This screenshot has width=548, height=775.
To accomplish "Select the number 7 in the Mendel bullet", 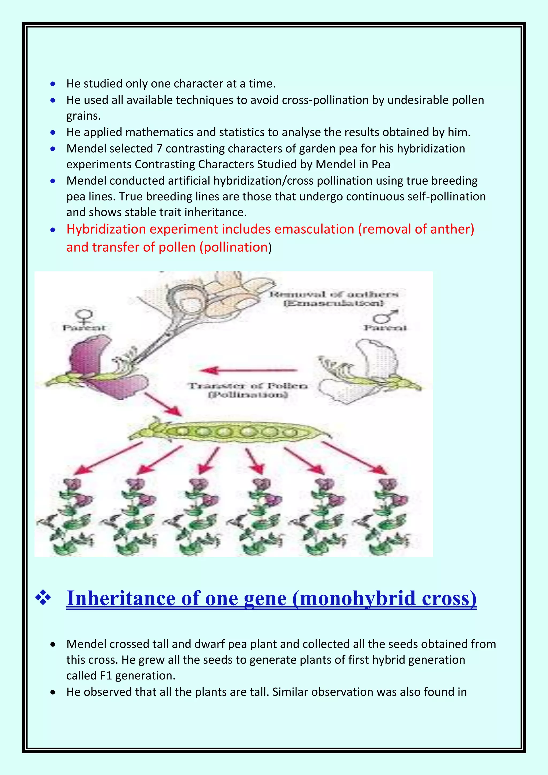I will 159,149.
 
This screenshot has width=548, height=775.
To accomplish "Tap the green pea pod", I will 230,432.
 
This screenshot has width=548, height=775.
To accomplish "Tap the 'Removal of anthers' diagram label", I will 333,298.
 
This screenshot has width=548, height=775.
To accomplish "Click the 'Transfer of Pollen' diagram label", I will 248,390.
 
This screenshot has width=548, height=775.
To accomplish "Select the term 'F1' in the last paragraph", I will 106,676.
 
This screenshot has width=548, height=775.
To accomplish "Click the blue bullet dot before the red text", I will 53,230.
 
